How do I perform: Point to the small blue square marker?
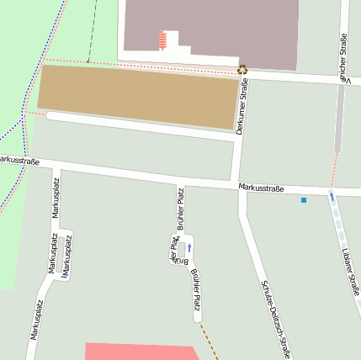(x=304, y=200)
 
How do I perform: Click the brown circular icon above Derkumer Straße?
(x=242, y=70)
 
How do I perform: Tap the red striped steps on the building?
(x=162, y=40)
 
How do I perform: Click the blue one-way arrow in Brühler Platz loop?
(x=189, y=247)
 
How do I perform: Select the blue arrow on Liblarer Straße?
(x=332, y=198)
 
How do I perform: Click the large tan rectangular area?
(x=139, y=97)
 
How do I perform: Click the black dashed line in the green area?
(x=91, y=25)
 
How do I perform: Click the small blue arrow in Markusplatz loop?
(x=64, y=275)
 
